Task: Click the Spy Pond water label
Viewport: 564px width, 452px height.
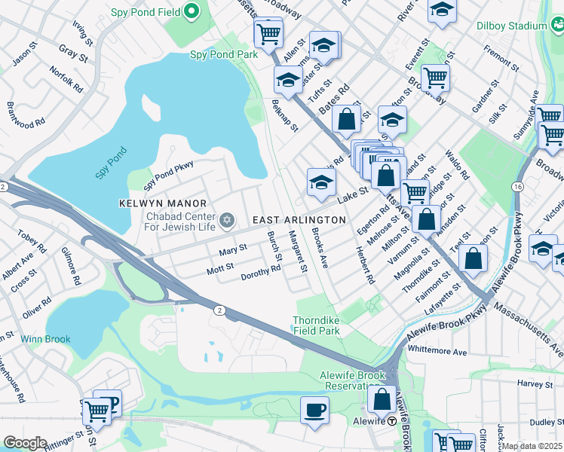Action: tap(112, 163)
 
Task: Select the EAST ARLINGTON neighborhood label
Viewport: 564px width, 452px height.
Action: tap(299, 219)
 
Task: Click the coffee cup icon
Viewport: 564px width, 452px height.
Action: tap(314, 411)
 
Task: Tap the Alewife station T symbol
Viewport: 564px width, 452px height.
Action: tap(392, 421)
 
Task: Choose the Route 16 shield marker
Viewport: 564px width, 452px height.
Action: tap(516, 186)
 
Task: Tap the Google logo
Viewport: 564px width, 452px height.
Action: tap(24, 443)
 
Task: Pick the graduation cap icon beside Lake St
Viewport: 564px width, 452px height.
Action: tap(321, 182)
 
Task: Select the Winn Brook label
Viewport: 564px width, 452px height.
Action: tap(45, 339)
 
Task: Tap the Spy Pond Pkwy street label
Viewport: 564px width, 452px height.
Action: tap(169, 175)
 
